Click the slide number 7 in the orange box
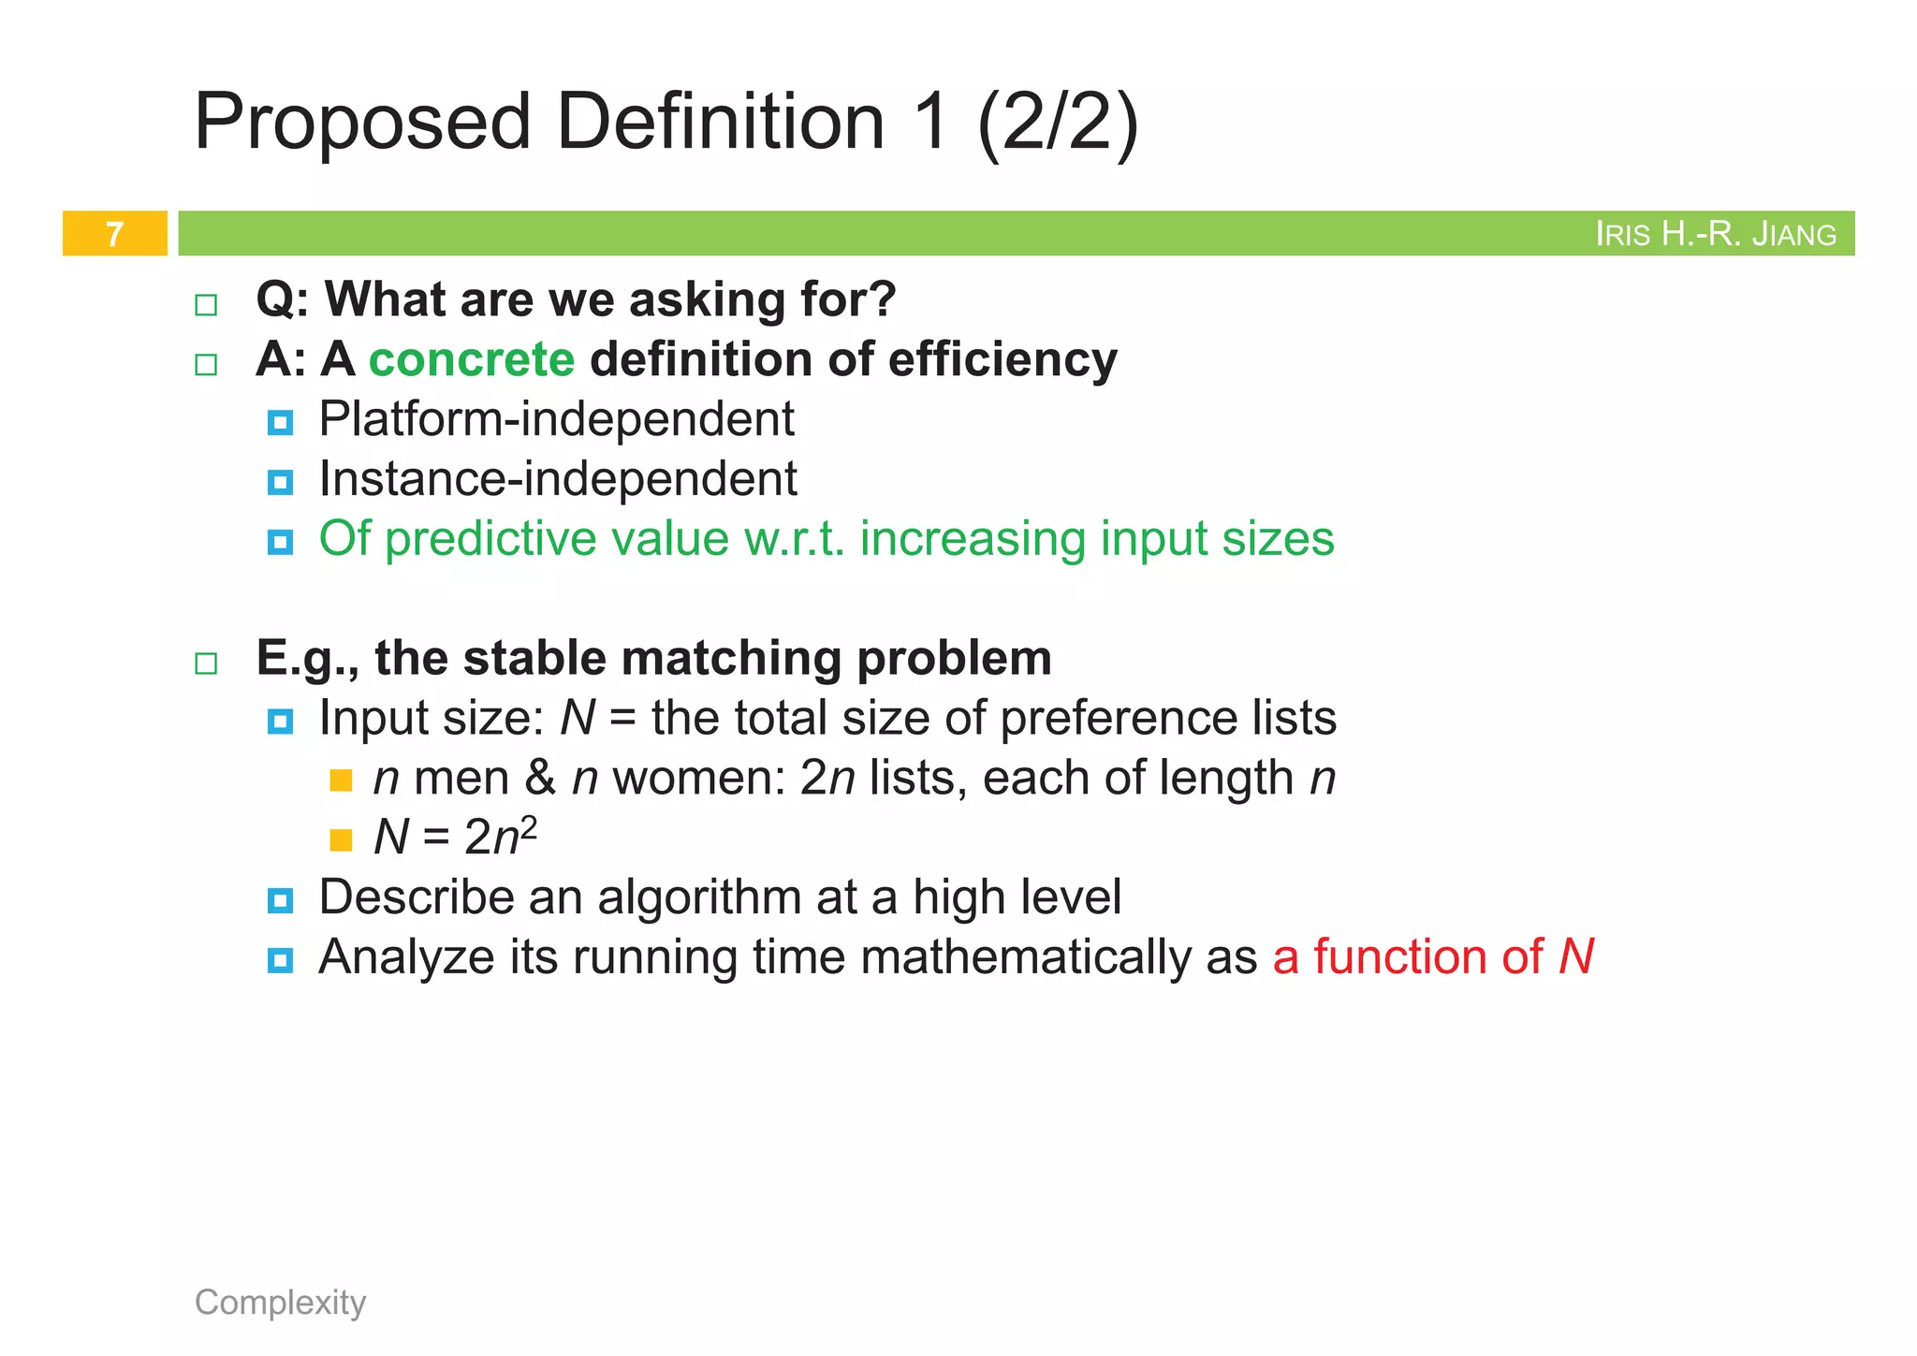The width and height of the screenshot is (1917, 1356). [114, 234]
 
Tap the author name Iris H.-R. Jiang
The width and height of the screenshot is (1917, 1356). [1715, 234]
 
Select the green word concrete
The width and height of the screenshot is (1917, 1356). [472, 360]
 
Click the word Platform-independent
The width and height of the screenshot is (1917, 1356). [556, 419]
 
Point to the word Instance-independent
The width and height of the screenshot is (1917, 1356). [558, 479]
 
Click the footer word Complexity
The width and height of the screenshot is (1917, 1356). [280, 1302]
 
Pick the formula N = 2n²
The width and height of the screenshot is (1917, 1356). [455, 836]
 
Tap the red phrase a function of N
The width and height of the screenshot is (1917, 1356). [1432, 957]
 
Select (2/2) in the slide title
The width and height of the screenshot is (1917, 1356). [1058, 122]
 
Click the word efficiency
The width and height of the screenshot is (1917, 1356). [1002, 360]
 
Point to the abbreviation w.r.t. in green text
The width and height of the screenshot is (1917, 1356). [794, 539]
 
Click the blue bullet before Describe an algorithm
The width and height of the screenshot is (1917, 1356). [280, 900]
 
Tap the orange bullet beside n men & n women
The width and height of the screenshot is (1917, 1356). [341, 780]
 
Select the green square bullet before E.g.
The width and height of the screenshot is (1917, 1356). [206, 663]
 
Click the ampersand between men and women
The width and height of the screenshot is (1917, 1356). [540, 778]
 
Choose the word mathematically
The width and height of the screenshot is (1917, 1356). [1026, 957]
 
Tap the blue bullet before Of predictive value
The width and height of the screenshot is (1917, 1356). [280, 542]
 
